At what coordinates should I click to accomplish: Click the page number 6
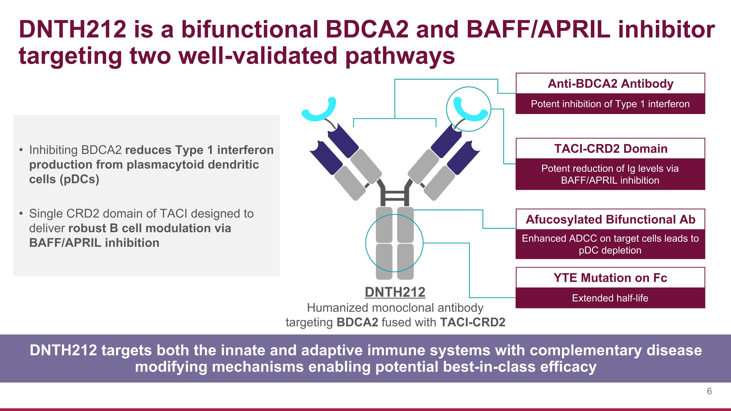tap(709, 391)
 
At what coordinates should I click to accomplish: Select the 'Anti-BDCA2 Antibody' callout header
tap(610, 84)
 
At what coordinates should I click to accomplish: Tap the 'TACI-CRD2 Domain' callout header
tap(610, 149)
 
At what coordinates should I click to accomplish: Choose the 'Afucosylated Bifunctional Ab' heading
tap(610, 220)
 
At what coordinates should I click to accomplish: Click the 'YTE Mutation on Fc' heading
tap(610, 278)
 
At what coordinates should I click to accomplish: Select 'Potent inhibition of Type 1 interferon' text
tap(610, 104)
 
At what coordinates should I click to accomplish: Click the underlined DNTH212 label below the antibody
tap(395, 292)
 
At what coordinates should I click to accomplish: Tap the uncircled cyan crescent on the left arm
tap(319, 110)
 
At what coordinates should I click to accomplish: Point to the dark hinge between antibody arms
tap(395, 195)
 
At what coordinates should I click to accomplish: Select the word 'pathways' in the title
tap(400, 56)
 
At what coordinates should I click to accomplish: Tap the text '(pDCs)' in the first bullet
tap(79, 179)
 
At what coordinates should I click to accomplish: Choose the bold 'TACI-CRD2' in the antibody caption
tap(472, 322)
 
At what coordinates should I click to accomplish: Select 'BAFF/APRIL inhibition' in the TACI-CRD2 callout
tap(610, 180)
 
